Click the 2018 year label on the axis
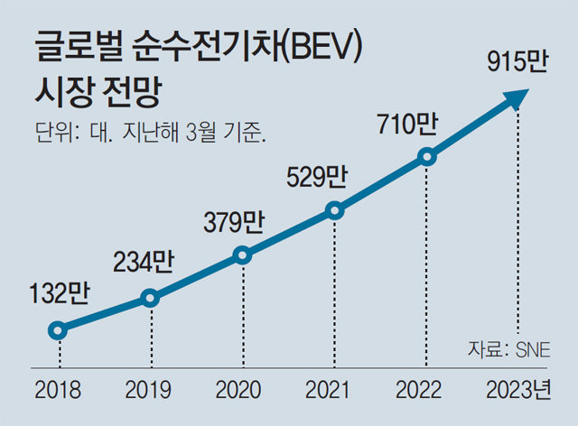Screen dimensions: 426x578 58,390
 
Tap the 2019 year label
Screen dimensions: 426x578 150,390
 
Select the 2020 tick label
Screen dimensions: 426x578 241,390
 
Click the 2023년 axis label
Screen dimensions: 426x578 518,390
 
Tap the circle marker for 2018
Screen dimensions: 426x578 58,330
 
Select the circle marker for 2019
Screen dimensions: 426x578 150,298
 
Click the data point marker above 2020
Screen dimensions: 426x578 242,255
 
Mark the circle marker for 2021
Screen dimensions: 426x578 335,211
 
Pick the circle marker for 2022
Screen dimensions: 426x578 428,158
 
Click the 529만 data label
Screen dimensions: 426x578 316,175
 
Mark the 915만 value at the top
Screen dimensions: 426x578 516,63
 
